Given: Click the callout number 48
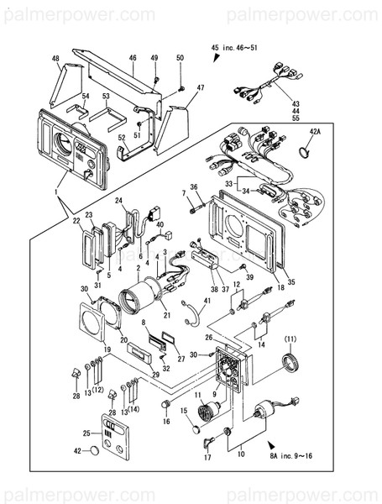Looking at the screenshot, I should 55,58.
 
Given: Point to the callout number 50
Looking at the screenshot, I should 180,57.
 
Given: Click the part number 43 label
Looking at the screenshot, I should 318,103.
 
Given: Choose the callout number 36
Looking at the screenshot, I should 194,186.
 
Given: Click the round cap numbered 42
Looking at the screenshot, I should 95,451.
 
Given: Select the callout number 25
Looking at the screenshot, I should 86,433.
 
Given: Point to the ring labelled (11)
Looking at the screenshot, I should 290,363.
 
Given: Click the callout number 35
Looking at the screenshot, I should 292,282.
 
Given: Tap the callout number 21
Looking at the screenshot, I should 167,315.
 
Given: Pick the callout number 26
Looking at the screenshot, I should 207,338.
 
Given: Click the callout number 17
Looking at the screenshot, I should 207,458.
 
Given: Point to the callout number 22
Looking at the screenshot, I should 76,221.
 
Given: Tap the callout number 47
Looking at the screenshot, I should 201,87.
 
